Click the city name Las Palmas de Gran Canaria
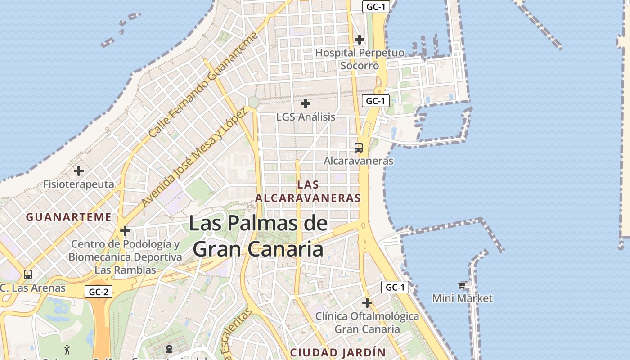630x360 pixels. tap(258, 236)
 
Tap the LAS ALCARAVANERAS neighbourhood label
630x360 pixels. tap(308, 191)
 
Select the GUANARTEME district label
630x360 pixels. tap(68, 217)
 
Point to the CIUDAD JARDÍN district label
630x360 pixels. tap(337, 352)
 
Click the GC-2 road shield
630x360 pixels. tap(99, 292)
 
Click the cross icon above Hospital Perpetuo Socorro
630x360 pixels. tap(359, 40)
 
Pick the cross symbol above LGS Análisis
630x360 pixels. tap(306, 103)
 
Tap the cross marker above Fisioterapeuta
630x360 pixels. tap(79, 171)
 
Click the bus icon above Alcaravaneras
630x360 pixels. tap(359, 147)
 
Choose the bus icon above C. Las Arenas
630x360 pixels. tap(28, 274)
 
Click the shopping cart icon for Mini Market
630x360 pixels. tap(462, 285)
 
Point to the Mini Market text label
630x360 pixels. tap(462, 298)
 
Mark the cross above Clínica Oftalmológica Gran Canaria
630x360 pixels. tap(367, 303)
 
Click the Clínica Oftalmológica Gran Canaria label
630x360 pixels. tap(367, 323)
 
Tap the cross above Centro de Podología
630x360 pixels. tap(125, 231)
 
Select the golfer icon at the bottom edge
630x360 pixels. tap(67, 349)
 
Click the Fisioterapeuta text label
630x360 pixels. tap(79, 184)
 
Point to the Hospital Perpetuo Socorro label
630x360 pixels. tap(360, 59)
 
